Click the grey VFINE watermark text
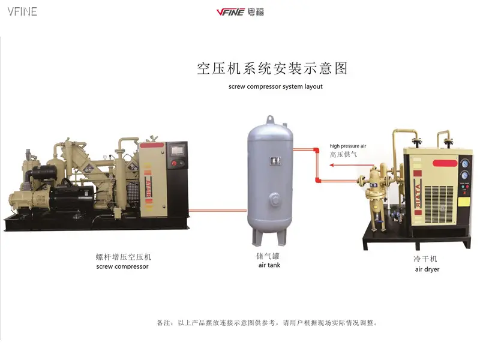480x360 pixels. coord(22,11)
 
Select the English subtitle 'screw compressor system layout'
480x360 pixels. coord(275,86)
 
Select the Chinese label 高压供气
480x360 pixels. coord(344,154)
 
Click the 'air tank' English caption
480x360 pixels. coord(269,265)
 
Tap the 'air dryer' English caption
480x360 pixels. coord(427,269)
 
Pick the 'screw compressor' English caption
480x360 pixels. coord(122,266)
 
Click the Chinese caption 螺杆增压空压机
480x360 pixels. coord(122,257)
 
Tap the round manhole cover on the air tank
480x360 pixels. coord(274,198)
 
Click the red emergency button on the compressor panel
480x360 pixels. coord(174,163)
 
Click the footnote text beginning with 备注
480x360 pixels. coord(268,323)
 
